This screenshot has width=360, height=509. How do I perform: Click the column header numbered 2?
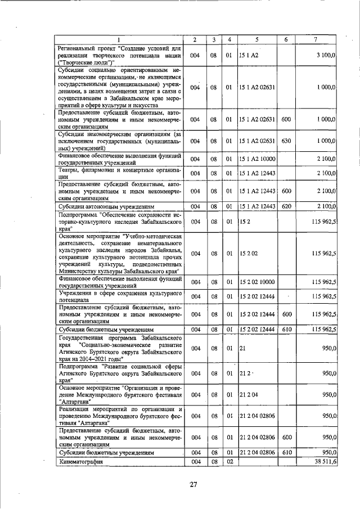193,39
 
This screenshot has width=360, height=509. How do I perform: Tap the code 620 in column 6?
286,207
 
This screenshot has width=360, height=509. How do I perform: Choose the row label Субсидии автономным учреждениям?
99,207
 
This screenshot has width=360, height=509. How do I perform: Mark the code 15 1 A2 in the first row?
248,55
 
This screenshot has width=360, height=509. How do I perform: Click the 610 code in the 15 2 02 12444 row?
286,329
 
